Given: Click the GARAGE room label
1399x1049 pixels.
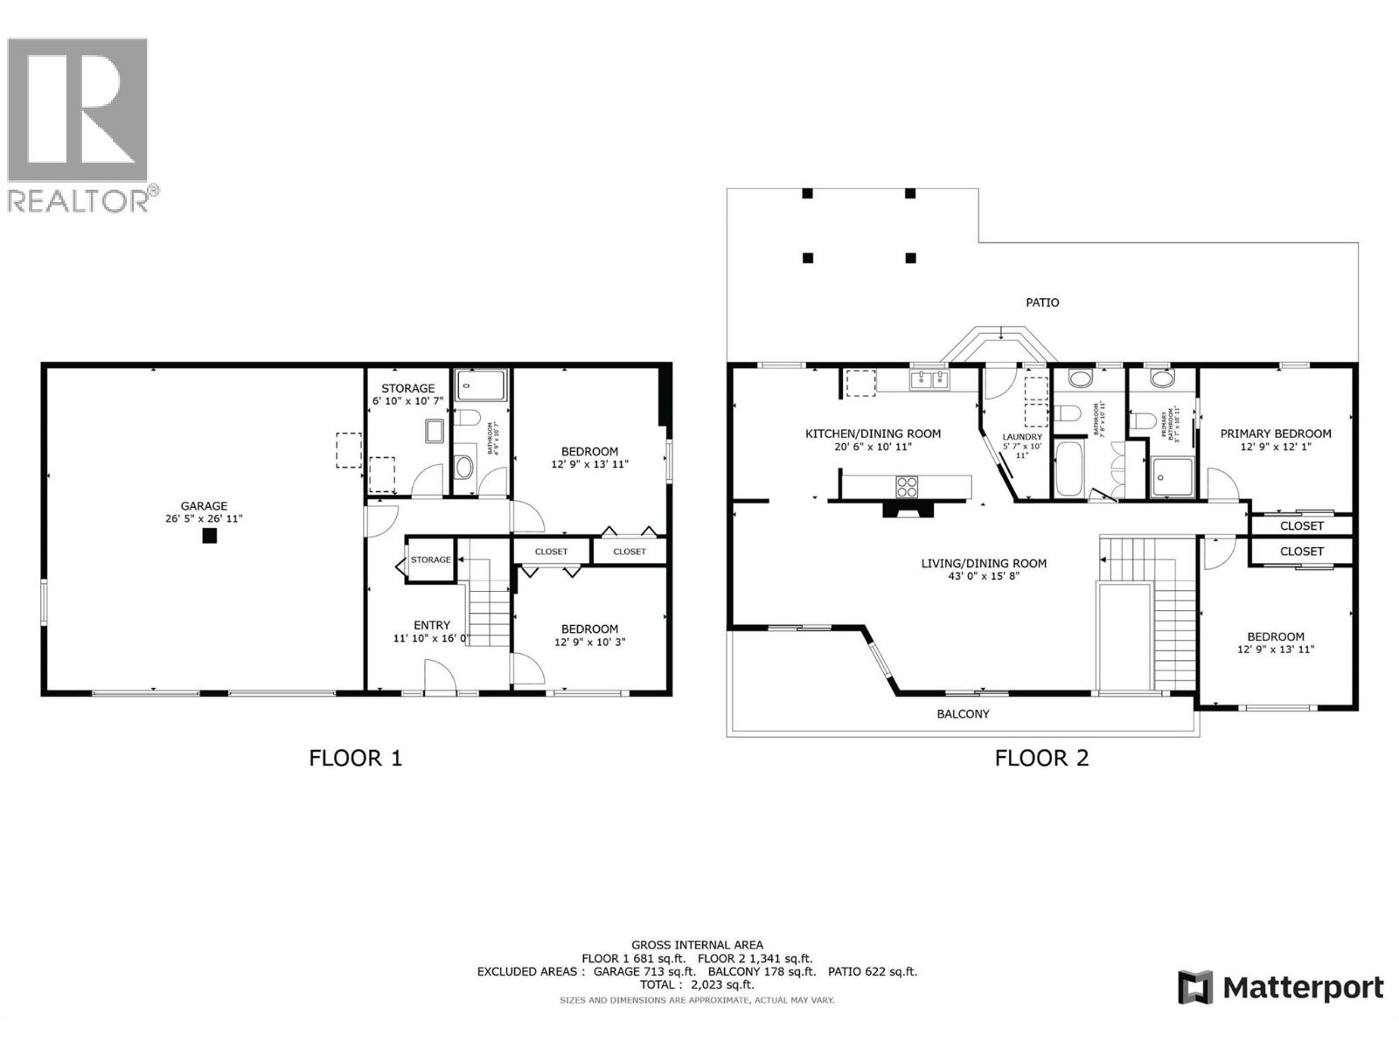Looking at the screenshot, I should click(x=204, y=506).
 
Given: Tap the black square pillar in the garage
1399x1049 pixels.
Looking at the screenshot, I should click(x=209, y=537).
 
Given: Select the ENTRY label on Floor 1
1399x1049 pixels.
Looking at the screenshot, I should click(x=432, y=625).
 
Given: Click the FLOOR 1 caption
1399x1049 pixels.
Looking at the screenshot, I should click(x=355, y=757).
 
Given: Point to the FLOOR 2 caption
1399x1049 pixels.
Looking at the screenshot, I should click(x=1041, y=757).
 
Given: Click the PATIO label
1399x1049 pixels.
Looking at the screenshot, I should click(x=1041, y=302).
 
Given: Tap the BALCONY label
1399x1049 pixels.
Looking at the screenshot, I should click(x=963, y=714).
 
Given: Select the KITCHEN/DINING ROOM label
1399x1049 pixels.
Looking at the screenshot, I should click(x=873, y=434).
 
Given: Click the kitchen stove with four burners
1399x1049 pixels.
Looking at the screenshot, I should click(x=907, y=487).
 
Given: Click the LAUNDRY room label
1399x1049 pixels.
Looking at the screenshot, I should click(x=1021, y=437).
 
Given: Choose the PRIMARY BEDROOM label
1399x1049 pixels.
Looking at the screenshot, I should click(x=1276, y=434).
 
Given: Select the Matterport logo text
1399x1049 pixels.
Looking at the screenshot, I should click(x=1303, y=988).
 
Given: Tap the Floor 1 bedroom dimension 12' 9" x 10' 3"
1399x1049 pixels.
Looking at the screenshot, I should click(x=589, y=642).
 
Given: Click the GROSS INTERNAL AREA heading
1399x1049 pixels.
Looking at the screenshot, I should click(x=697, y=945).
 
